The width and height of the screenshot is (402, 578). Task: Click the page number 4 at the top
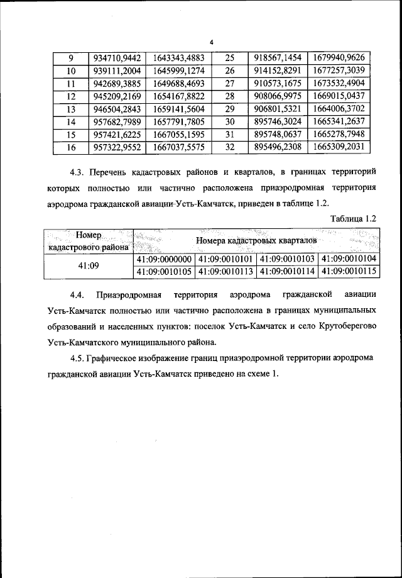(212, 42)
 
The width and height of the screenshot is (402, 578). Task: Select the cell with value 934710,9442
(117, 57)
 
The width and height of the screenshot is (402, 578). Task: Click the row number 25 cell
(229, 57)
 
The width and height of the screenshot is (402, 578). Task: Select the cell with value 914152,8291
(278, 70)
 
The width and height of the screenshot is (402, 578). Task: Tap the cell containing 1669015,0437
(339, 96)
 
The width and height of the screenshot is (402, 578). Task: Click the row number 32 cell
(229, 148)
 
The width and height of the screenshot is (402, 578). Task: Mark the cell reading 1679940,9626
(339, 57)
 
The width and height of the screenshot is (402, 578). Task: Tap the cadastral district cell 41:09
(88, 265)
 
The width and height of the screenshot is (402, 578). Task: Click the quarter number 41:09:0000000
(163, 259)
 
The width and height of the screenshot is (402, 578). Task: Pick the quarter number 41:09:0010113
(225, 272)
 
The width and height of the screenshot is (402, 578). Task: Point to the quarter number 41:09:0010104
(347, 259)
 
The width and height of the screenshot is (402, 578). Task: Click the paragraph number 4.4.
(77, 295)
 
